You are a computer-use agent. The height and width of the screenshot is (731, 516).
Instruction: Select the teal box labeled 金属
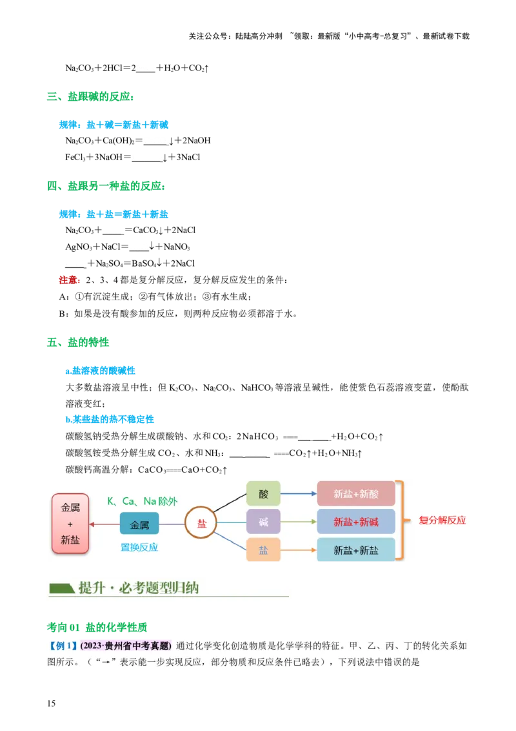coord(139,525)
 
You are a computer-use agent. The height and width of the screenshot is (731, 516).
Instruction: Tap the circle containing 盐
coord(202,524)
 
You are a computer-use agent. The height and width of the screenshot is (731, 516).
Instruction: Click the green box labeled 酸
coord(263,494)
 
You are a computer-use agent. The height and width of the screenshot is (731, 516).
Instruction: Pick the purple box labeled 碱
coord(263,522)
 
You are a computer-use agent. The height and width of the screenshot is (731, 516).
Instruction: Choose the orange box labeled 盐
coord(263,550)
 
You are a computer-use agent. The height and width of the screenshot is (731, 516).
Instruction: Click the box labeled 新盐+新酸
coord(356,494)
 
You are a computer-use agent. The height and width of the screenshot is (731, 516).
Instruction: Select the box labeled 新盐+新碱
coord(356,522)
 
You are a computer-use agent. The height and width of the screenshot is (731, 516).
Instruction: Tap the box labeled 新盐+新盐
coord(356,550)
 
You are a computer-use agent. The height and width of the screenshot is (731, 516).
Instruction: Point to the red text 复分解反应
coord(442,520)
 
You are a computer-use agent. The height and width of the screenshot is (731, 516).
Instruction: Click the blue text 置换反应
coord(139,547)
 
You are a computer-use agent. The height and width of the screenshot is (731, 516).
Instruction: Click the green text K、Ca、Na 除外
coord(142,501)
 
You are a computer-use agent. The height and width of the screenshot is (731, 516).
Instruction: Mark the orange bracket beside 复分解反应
coord(402,520)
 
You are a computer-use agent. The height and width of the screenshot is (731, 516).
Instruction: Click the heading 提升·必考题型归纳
coord(139,588)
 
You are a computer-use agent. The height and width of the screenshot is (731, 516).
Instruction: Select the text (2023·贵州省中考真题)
coord(126,646)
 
